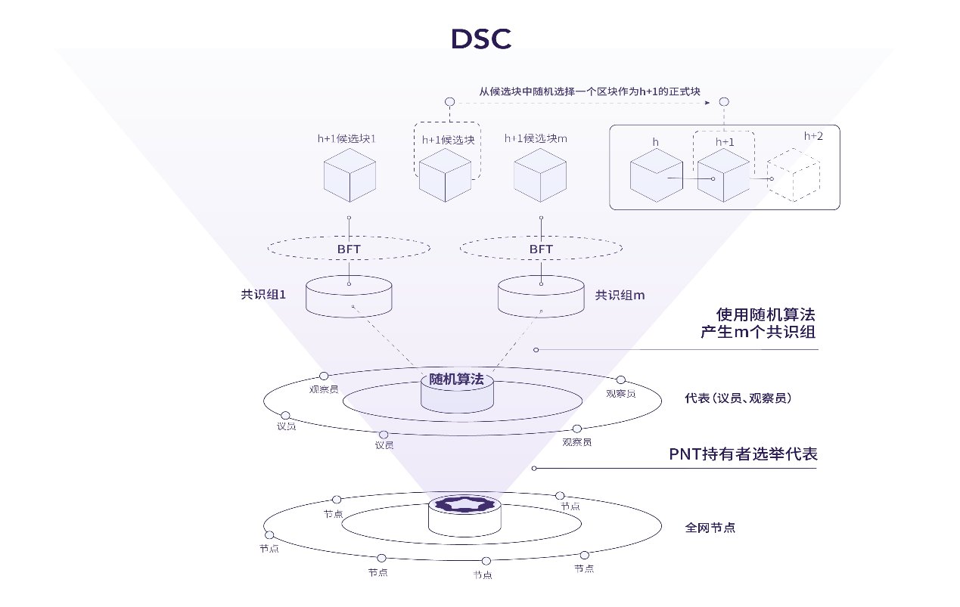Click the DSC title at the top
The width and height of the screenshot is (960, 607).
pyautogui.click(x=481, y=39)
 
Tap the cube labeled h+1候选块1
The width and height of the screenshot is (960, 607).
pyautogui.click(x=350, y=175)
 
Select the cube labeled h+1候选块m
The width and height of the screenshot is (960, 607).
pyautogui.click(x=540, y=175)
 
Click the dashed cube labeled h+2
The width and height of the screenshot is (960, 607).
pyautogui.click(x=794, y=175)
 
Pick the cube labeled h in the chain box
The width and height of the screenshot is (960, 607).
pyautogui.click(x=656, y=175)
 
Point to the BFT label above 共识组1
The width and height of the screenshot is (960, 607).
pyautogui.click(x=349, y=249)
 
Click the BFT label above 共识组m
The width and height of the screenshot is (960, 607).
pyautogui.click(x=541, y=249)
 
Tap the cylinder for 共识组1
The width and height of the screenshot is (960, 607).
pyautogui.click(x=349, y=296)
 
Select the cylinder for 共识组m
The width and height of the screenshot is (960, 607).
pyautogui.click(x=541, y=296)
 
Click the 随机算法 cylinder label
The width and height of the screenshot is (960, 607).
pyautogui.click(x=456, y=379)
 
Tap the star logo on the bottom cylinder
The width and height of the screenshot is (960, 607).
pyautogui.click(x=464, y=504)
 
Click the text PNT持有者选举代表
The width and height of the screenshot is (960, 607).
pyautogui.click(x=743, y=454)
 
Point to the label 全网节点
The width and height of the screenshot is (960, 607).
pyautogui.click(x=710, y=528)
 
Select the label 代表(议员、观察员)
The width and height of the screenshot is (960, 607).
pyautogui.click(x=738, y=398)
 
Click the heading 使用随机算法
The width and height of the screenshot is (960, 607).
pyautogui.click(x=766, y=315)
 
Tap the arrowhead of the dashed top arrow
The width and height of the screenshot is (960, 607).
pyautogui.click(x=707, y=103)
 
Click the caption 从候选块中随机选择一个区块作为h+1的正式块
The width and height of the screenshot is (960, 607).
pyautogui.click(x=590, y=91)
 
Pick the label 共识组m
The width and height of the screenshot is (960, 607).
pyautogui.click(x=620, y=295)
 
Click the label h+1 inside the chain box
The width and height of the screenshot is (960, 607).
pyautogui.click(x=725, y=142)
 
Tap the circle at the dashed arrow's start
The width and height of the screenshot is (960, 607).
pyautogui.click(x=449, y=101)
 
